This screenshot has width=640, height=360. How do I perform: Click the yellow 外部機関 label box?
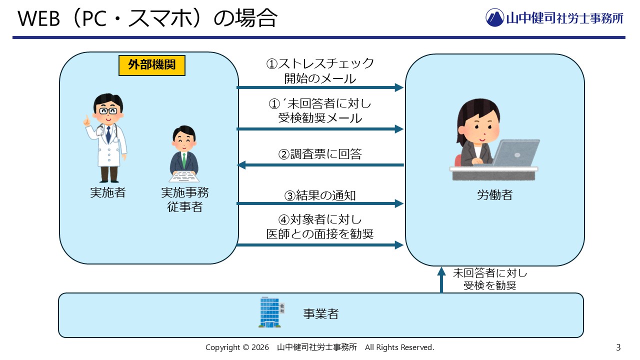[152, 65]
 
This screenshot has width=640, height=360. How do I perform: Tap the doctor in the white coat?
[106, 138]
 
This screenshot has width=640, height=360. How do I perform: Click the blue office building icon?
[270, 312]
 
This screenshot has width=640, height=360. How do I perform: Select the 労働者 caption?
[494, 195]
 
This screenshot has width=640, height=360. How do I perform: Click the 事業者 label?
[320, 314]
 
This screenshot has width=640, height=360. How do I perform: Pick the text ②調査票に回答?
[320, 154]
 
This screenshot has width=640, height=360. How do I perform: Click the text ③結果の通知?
[320, 195]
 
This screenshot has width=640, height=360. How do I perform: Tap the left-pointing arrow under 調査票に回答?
[320, 165]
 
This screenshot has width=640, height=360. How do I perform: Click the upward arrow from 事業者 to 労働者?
[441, 280]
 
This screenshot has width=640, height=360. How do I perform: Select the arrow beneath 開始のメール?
[320, 87]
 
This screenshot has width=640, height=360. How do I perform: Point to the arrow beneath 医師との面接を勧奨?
[320, 245]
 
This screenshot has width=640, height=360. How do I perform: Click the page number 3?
[618, 347]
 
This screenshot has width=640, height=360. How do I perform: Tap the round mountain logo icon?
[495, 18]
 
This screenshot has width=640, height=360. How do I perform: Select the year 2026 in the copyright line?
[259, 347]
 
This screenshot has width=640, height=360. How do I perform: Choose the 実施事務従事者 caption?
[184, 199]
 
